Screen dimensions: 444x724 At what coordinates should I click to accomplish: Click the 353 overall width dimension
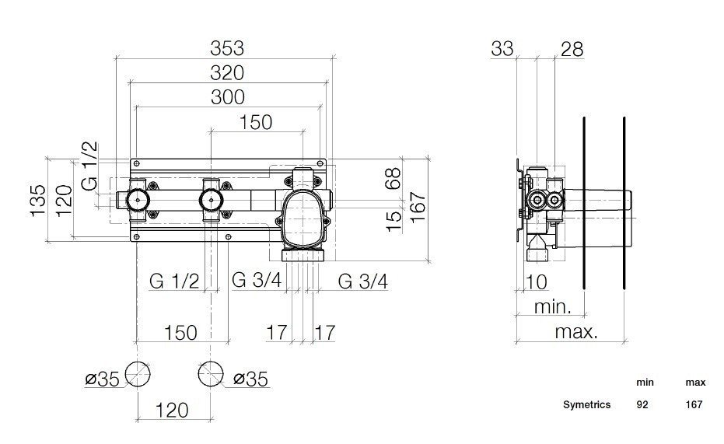click(227, 48)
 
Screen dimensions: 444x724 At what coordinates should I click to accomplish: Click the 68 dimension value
click(394, 180)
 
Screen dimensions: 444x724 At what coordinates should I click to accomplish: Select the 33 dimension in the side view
click(502, 49)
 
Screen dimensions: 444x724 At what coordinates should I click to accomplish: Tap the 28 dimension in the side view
click(572, 49)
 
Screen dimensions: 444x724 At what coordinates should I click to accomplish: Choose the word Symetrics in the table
click(587, 404)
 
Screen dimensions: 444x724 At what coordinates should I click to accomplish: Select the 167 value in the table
click(694, 404)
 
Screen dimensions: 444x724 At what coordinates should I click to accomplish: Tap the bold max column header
click(694, 383)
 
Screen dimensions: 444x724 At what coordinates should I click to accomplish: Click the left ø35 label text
click(102, 379)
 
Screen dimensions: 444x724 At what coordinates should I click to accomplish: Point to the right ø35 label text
click(250, 379)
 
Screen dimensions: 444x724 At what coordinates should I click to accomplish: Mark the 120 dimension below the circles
click(172, 410)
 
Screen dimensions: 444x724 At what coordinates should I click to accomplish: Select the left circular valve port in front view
click(138, 201)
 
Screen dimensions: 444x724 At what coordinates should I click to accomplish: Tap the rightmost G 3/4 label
click(362, 281)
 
